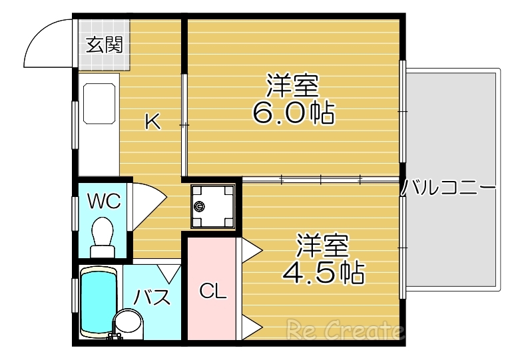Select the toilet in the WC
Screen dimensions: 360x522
pos(103,237)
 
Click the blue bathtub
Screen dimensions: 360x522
pos(98,299)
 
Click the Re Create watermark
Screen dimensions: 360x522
pos(344,329)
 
